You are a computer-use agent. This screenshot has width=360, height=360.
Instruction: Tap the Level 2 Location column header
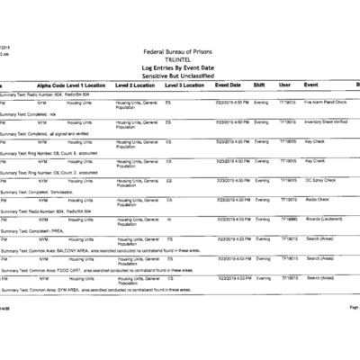pyautogui.click(x=135, y=85)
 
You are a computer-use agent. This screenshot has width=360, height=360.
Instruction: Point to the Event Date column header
pyautogui.click(x=228, y=85)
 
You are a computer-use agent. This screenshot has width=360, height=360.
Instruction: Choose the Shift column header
pyautogui.click(x=259, y=85)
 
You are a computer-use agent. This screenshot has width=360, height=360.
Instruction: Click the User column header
pyautogui.click(x=284, y=85)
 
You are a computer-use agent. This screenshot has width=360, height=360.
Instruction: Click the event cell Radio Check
pyautogui.click(x=317, y=199)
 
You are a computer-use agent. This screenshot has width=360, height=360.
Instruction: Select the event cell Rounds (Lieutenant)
pyautogui.click(x=324, y=219)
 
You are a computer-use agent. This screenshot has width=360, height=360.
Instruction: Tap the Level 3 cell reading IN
pyautogui.click(x=168, y=219)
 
